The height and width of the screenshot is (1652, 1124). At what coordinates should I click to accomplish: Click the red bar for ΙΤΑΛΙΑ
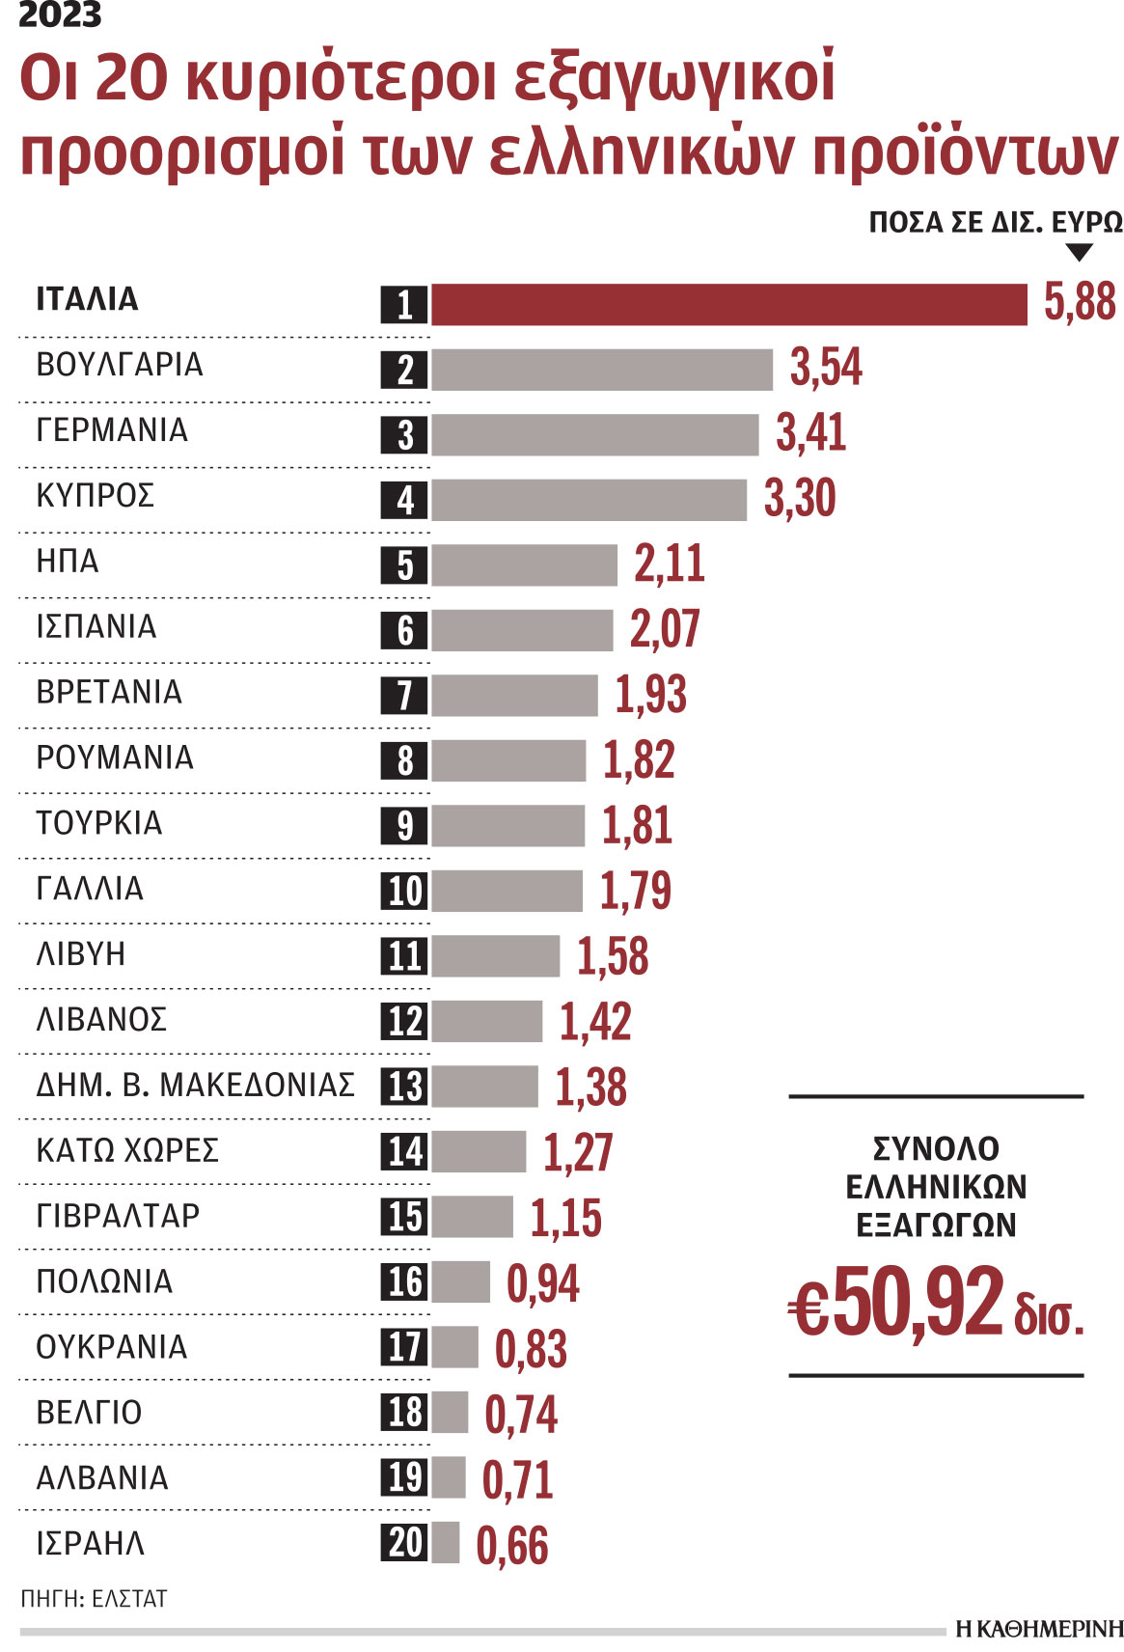click(x=728, y=305)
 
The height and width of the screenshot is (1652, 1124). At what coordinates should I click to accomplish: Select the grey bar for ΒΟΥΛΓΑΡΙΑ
click(x=601, y=370)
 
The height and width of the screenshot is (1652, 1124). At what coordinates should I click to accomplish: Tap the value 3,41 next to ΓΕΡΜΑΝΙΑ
click(x=810, y=432)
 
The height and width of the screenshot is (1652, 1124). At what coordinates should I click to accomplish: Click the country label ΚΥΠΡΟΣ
click(x=95, y=496)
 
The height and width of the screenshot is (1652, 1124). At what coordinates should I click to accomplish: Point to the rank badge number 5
click(x=404, y=565)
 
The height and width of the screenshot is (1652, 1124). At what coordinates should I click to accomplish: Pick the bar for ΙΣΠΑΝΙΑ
click(x=521, y=630)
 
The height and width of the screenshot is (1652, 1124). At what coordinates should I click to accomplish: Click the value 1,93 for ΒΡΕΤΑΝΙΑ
click(x=650, y=695)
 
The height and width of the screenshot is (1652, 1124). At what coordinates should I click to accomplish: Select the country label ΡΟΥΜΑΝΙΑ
click(x=115, y=757)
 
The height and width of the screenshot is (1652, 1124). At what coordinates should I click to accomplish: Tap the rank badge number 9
click(x=404, y=826)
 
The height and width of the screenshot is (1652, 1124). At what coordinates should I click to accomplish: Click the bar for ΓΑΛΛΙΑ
click(x=507, y=891)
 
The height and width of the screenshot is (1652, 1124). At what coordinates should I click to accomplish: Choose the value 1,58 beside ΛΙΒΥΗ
click(x=613, y=956)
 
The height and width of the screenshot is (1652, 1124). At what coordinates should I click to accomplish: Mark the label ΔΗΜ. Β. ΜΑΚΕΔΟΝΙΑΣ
click(x=195, y=1085)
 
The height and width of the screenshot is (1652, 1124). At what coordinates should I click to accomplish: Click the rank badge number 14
click(x=404, y=1151)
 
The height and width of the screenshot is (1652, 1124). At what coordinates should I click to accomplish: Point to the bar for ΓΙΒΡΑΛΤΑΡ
click(x=472, y=1217)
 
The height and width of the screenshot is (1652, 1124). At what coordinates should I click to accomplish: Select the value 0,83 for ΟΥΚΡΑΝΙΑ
click(x=531, y=1349)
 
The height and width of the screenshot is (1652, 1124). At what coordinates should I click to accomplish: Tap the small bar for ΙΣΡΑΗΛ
click(x=446, y=1542)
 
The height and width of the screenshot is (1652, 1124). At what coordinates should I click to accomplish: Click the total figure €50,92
click(x=897, y=1304)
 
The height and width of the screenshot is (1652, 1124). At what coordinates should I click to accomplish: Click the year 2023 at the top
click(x=60, y=15)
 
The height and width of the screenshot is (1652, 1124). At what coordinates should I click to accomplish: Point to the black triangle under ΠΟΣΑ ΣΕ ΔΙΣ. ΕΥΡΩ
click(x=1080, y=253)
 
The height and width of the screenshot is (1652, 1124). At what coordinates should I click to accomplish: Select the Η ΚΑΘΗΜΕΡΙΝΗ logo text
click(x=1039, y=1629)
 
